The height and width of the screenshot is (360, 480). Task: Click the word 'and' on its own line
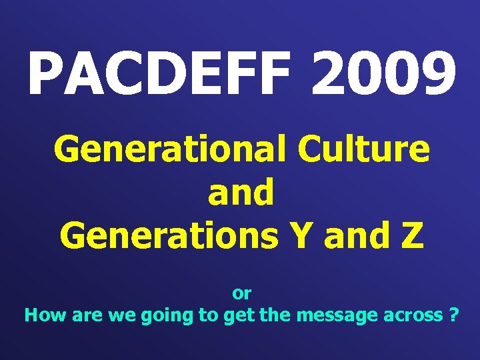tap(241, 193)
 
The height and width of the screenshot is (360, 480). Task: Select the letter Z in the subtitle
tap(411, 235)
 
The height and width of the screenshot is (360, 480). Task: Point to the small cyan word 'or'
tap(241, 293)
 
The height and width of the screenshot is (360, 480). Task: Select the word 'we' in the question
tap(117, 316)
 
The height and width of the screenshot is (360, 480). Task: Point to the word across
tap(409, 316)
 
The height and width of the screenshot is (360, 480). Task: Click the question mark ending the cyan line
tap(454, 315)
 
